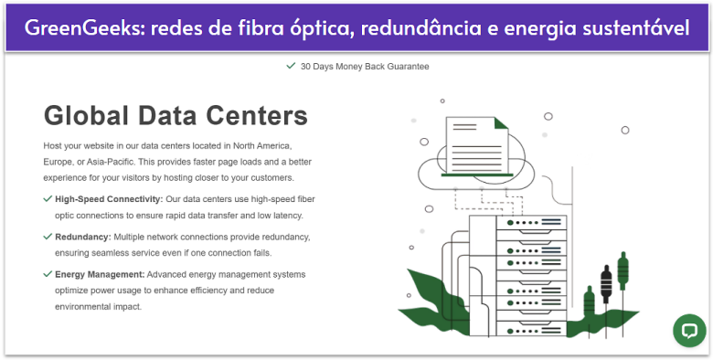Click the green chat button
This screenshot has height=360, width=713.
(x=688, y=331)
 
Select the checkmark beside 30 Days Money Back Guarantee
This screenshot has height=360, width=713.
(x=291, y=66)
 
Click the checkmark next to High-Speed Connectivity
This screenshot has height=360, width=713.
(x=48, y=198)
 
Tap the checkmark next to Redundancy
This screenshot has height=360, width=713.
(x=48, y=237)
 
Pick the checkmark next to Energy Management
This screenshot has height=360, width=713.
(x=48, y=274)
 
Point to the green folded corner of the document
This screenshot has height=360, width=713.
(x=501, y=124)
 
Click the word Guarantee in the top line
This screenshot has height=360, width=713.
(x=406, y=66)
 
